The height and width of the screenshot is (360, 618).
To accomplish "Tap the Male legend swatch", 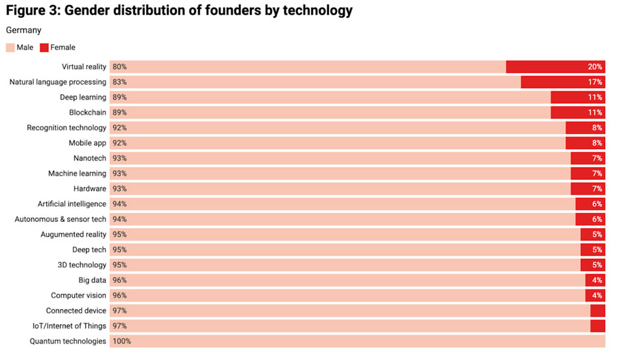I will pos(10,47).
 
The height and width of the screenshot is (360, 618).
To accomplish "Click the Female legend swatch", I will pos(44,47).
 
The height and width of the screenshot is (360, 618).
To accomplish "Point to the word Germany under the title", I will pos(23,30).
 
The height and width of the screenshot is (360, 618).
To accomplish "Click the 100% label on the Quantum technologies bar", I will pos(122,341).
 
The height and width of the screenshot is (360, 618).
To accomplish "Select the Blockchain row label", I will pos(87,113).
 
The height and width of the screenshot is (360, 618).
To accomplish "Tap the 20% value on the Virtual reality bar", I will pos(595,67).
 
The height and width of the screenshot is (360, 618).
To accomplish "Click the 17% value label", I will pos(595,82).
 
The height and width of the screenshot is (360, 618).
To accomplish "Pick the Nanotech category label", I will pos(89,158).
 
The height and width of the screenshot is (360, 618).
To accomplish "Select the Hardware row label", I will pos(89,189).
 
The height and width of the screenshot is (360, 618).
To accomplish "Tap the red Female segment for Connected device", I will pos(597,311).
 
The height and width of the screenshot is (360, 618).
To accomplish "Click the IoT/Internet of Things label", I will pos(69,326).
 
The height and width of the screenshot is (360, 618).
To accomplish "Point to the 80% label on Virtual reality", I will pos(119,67).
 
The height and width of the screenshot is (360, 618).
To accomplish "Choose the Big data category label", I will pos(92,280).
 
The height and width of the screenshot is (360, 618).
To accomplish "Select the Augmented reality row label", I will pos(73,234).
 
